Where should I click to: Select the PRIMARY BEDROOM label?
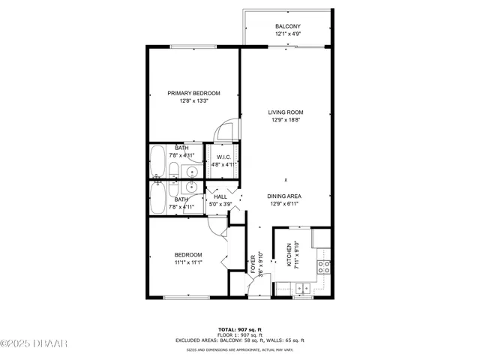pos(194,93)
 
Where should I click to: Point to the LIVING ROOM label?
pos(286,112)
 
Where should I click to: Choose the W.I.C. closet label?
pos(223,157)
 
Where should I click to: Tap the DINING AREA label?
pos(286,196)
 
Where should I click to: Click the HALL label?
pos(220,196)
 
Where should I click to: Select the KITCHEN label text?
pos(289,256)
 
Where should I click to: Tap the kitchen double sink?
pos(303,287)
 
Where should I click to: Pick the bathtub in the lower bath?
pos(158,199)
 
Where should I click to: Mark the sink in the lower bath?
pos(193,187)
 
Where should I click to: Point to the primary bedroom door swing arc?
pos(223,132)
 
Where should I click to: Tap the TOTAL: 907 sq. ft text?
pos(240,329)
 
